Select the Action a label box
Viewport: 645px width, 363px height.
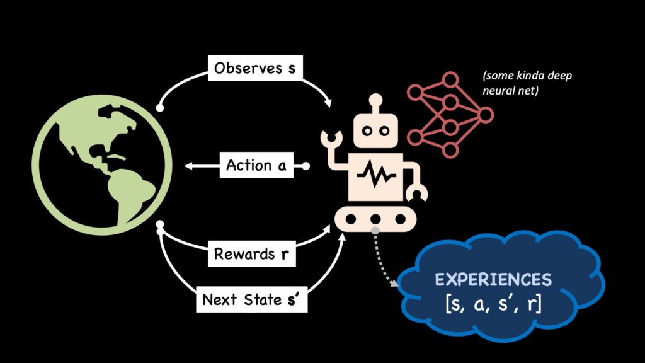(256, 166)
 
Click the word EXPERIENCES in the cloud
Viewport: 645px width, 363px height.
(501, 279)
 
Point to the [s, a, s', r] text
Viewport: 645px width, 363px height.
(501, 304)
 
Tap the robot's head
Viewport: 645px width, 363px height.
(377, 130)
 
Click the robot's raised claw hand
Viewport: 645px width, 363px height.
(329, 139)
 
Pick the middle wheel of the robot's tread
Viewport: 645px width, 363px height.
(376, 218)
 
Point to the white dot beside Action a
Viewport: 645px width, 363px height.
(307, 166)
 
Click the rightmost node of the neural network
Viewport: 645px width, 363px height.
(485, 114)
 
